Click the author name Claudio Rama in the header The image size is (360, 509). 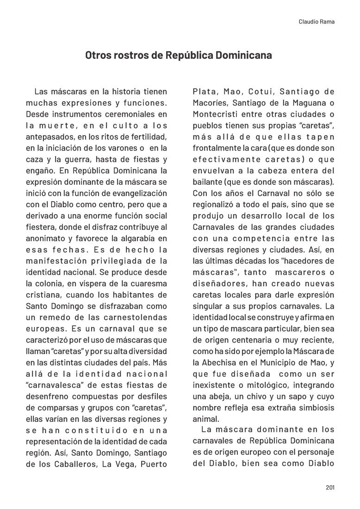pyautogui.click(x=317, y=22)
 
